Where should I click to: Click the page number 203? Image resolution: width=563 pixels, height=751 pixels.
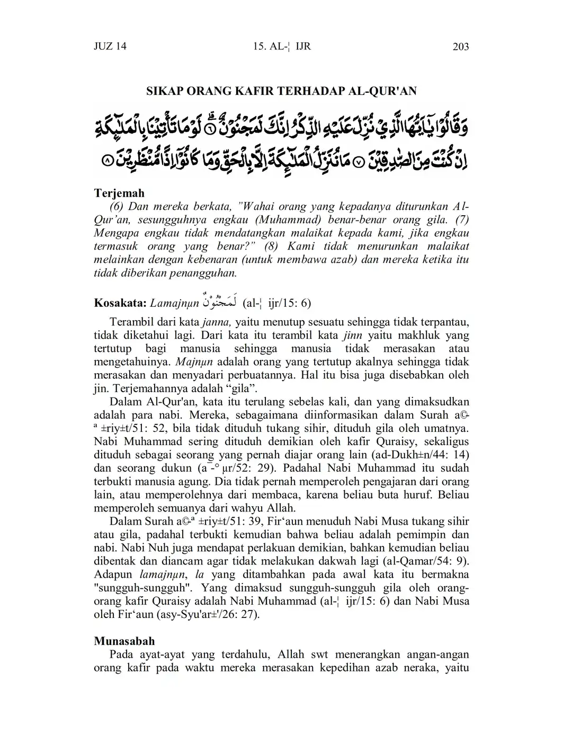pyautogui.click(x=461, y=47)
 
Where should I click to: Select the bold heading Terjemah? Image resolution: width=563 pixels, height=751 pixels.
pyautogui.click(x=119, y=193)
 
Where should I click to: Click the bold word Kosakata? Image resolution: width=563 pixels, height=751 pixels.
pyautogui.click(x=120, y=303)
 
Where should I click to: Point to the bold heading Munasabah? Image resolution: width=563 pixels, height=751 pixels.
pyautogui.click(x=124, y=641)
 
